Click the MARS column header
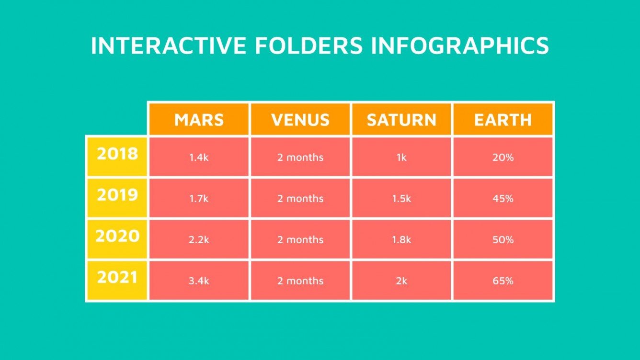coord(199,119)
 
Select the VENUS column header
coord(300,119)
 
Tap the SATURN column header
coord(401,119)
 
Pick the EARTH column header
coord(503,119)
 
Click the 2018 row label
coord(117,154)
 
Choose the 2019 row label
coord(117,195)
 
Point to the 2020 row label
coord(117,236)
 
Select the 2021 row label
coord(117,278)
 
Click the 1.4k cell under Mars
coord(199,157)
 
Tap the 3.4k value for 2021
coord(199,281)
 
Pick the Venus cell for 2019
coord(300,198)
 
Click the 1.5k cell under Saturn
coord(401,198)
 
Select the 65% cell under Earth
coord(503,281)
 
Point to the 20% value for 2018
coord(503,157)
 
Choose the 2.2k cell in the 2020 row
coord(199,240)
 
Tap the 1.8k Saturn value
coord(401,240)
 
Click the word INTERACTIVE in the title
coord(168,45)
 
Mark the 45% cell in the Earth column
coord(503,198)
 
